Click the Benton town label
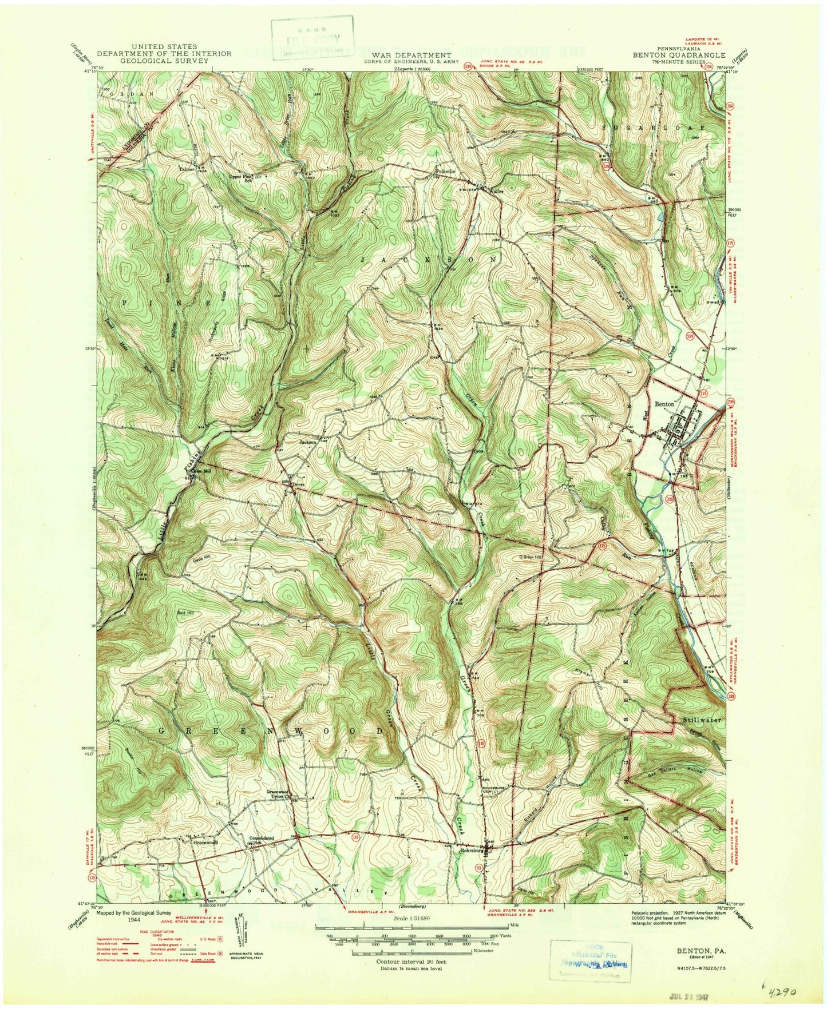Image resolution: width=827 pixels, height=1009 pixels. point(664,403)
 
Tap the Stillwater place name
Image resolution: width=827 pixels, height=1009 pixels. point(701,719)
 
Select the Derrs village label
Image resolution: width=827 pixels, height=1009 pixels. point(298,485)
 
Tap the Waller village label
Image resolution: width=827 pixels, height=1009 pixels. point(496,192)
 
